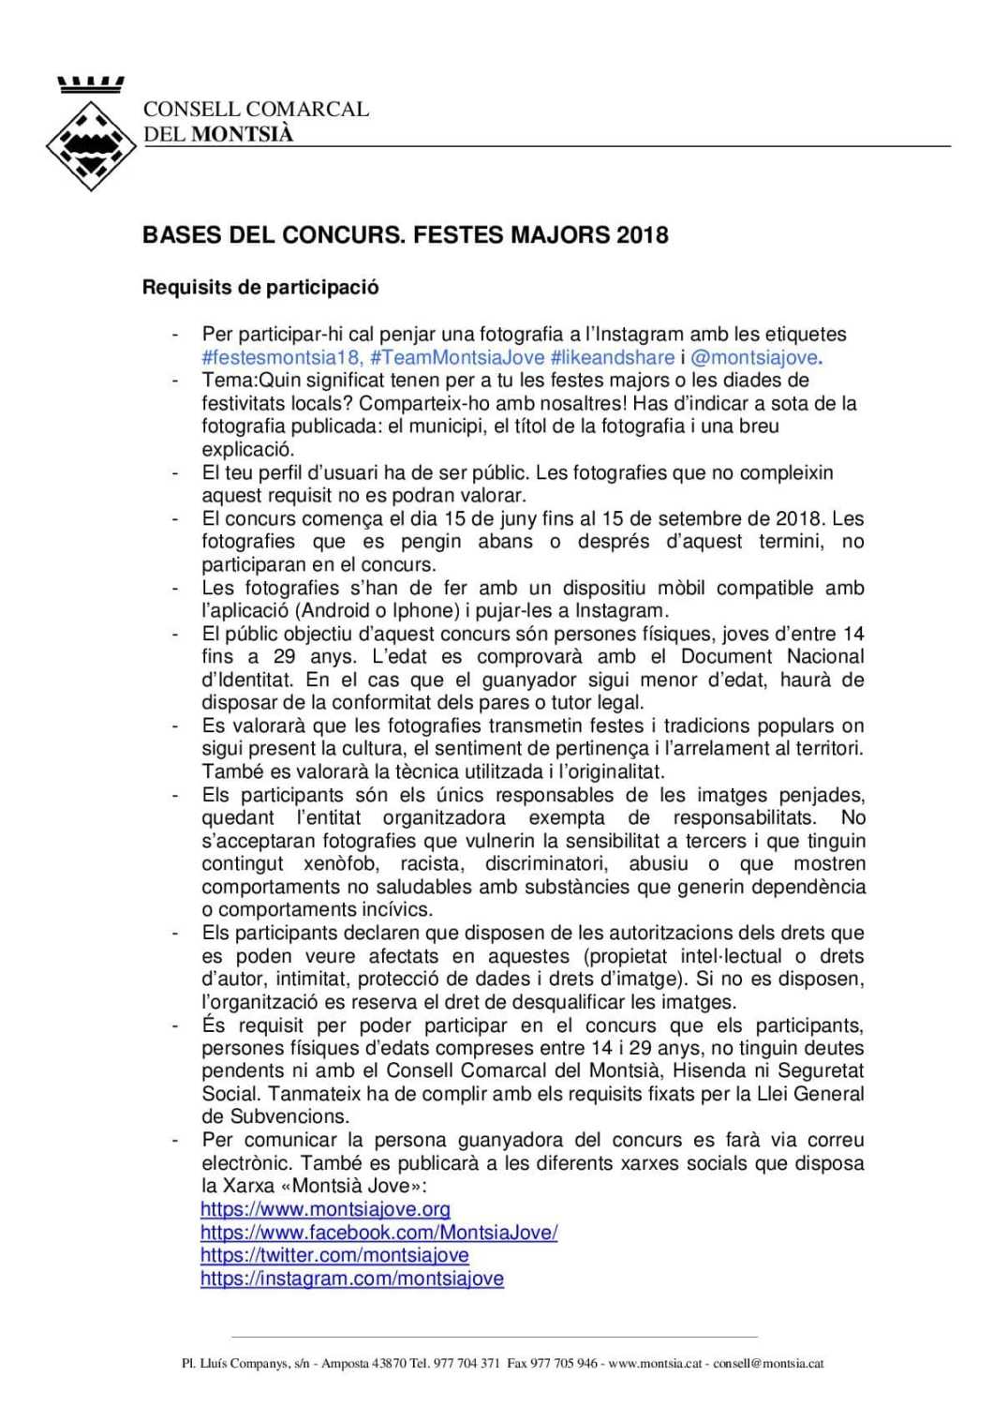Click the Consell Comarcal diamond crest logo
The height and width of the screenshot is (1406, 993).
91,143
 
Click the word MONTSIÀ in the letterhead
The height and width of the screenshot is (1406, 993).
242,134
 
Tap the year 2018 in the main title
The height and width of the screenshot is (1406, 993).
642,234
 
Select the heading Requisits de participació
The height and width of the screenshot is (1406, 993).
260,287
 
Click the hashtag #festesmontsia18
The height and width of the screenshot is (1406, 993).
281,357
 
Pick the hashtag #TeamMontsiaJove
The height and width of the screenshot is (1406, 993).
457,357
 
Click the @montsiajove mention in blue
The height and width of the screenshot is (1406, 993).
754,357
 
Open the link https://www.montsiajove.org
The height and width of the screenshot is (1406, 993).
325,1209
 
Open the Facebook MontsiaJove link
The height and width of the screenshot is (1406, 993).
378,1233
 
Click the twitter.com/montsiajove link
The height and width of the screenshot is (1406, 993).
334,1255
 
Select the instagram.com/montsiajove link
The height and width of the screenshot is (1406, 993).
351,1279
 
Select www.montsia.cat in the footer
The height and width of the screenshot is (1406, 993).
655,1363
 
